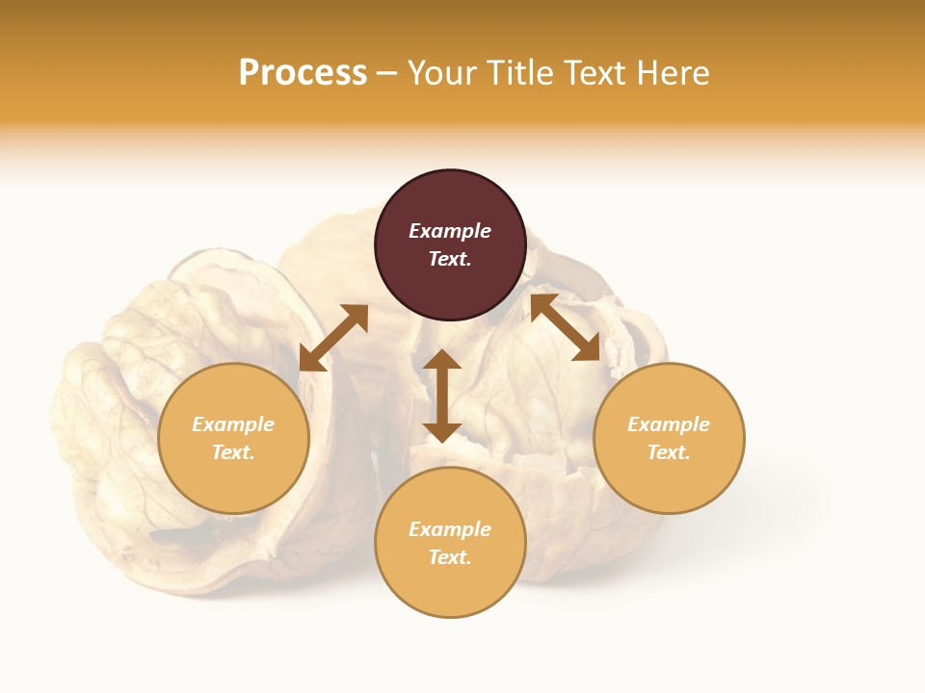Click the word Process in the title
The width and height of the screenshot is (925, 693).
pos(303,73)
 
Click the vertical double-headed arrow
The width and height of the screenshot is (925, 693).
pos(442,396)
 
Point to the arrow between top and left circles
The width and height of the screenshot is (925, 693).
pos(333,338)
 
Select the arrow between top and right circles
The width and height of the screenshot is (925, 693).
pos(565,327)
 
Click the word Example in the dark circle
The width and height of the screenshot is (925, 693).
pos(450,231)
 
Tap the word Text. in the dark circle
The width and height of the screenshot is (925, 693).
pos(450,259)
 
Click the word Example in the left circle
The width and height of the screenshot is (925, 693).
pos(233,424)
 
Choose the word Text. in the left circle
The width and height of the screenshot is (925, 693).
pos(233,452)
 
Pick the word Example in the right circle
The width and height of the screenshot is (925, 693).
pos(669,424)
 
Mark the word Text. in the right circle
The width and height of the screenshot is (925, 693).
pos(669,452)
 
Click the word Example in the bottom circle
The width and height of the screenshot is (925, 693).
pos(450,529)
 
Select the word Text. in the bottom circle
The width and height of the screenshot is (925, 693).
pos(450,557)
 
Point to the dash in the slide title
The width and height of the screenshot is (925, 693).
pos(387,74)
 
